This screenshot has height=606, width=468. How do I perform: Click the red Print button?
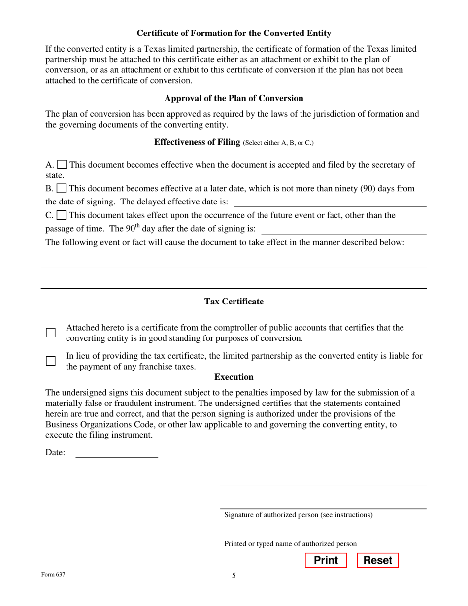[326, 561]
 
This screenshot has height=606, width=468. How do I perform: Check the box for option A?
[63, 165]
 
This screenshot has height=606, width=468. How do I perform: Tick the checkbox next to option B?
[62, 189]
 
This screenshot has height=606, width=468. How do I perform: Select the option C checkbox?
[62, 215]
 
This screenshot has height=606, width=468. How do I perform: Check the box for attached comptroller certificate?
[51, 333]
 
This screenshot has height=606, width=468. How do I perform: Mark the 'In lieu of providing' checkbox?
[51, 361]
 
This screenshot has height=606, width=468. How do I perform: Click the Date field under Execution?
[116, 453]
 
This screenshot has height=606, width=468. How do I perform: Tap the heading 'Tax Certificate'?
[234, 302]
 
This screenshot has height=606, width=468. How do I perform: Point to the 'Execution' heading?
[234, 377]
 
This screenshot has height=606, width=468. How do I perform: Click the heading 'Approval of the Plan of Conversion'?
[234, 98]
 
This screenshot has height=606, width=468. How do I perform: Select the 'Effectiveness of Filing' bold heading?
[197, 142]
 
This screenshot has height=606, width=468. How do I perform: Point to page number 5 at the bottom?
[234, 575]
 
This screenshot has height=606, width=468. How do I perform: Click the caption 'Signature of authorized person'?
[298, 515]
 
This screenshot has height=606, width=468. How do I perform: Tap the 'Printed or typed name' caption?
[290, 544]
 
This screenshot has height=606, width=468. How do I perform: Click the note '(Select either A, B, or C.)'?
[278, 143]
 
